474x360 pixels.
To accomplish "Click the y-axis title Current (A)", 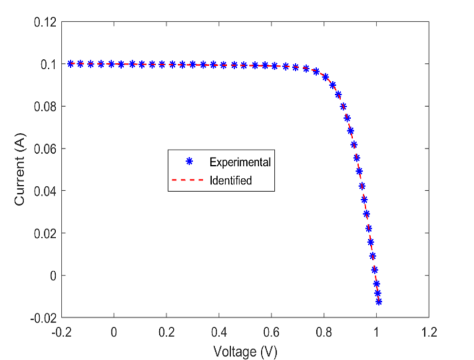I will point(21,169).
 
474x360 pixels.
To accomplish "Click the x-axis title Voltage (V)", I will point(245,351).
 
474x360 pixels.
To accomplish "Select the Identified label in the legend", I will point(230,181).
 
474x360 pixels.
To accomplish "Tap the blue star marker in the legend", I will point(189,161).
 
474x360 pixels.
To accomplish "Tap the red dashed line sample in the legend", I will point(189,181).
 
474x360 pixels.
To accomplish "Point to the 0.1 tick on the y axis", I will point(46,64).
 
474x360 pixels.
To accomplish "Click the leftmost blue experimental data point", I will point(71,64).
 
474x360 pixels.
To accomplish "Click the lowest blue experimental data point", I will point(379,302).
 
